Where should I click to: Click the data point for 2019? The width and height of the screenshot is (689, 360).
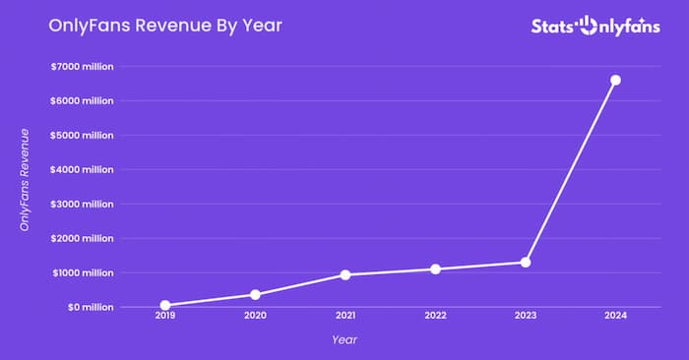tap(165, 305)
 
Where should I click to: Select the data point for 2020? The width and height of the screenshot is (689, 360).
tap(255, 294)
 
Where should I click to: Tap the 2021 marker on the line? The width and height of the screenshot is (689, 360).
tap(345, 274)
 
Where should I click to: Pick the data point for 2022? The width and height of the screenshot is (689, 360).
tap(435, 269)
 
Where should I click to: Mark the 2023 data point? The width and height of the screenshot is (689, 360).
tap(526, 262)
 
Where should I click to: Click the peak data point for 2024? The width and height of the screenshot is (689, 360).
tap(615, 80)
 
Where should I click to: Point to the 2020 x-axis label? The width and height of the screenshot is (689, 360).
tap(255, 316)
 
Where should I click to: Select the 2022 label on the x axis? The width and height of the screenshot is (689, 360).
tap(435, 316)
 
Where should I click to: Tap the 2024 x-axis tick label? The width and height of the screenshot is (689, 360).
tap(615, 316)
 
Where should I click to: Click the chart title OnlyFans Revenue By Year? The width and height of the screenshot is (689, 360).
tap(165, 26)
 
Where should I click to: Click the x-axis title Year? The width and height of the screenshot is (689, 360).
tap(344, 339)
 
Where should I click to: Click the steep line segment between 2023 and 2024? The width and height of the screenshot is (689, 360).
tap(571, 170)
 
